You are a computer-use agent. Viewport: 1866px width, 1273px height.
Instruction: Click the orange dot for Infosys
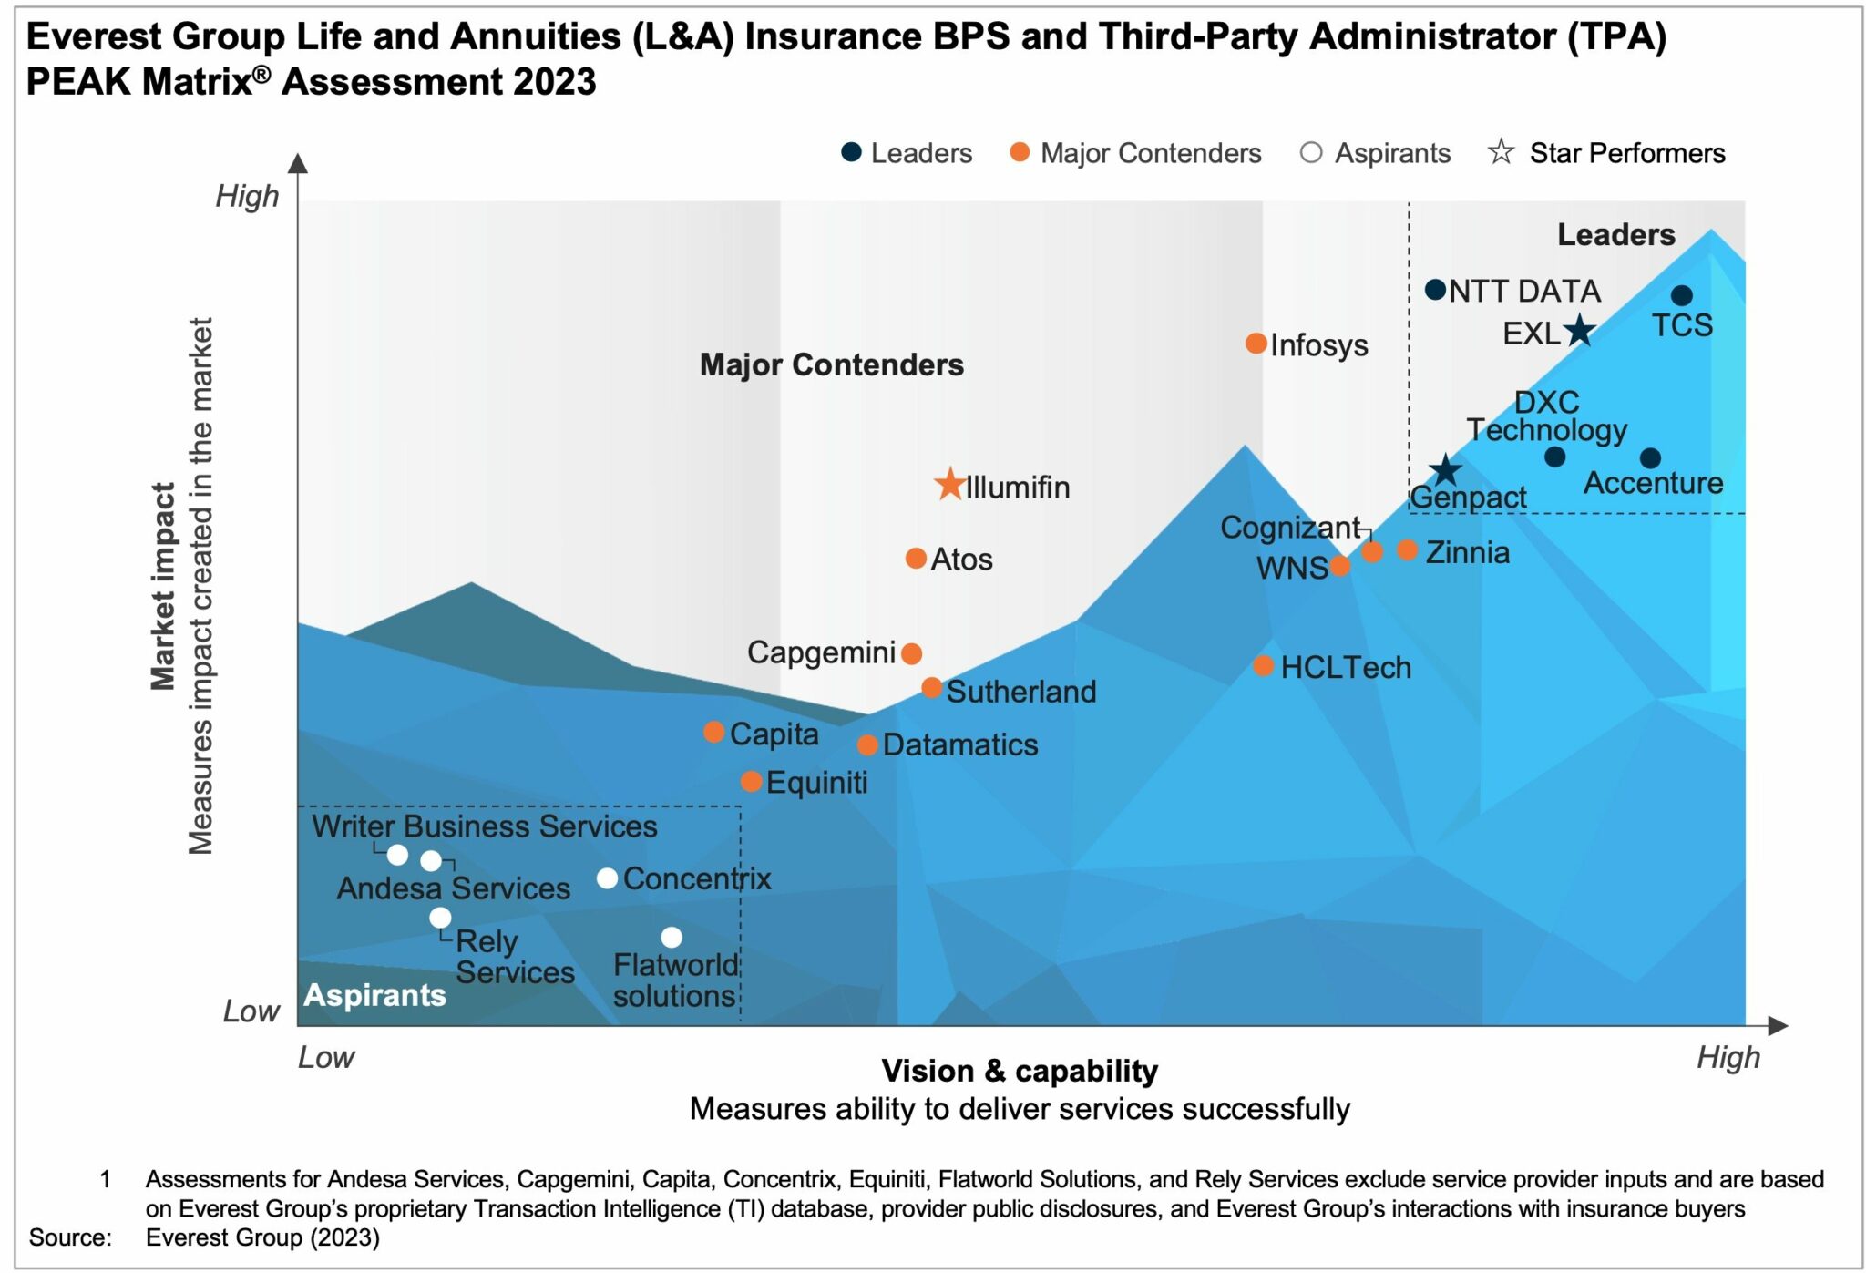(1256, 344)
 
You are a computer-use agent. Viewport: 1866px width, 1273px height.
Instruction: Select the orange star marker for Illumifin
(949, 484)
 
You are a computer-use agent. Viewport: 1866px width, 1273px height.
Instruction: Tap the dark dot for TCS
(1682, 295)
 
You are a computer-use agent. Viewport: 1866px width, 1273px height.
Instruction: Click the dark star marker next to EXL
(1579, 331)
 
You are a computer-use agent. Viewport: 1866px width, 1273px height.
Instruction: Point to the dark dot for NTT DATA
(1435, 290)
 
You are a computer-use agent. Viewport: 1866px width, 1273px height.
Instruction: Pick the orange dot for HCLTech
(1263, 666)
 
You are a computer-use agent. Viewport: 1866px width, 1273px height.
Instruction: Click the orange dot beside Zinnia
(1407, 550)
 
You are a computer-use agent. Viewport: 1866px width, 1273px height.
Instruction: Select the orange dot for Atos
(916, 558)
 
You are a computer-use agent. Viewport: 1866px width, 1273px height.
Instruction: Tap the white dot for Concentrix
(607, 878)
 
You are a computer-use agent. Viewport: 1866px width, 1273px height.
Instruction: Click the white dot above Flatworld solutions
(672, 937)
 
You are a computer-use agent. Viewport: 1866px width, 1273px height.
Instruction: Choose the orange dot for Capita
(714, 732)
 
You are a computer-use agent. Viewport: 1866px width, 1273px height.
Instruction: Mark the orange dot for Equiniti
(751, 781)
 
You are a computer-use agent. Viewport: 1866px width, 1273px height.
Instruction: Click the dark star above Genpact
(1445, 471)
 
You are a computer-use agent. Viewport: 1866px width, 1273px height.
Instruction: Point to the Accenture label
(1653, 483)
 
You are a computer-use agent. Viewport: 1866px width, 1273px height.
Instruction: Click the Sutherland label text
(1020, 692)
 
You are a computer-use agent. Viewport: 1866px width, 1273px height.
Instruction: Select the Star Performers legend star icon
(1501, 151)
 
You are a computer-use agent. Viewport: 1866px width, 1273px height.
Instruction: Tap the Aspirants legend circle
(1310, 152)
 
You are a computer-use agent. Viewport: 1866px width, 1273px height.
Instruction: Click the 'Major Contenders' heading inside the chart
(831, 364)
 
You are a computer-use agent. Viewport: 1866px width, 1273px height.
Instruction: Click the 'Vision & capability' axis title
(1020, 1071)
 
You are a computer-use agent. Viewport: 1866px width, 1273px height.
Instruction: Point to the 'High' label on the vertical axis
(247, 196)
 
